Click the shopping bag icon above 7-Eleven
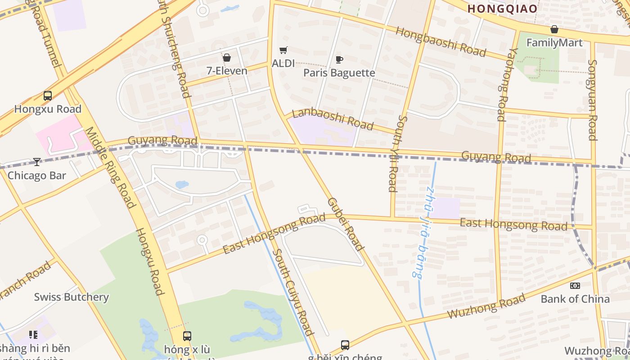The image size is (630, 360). pos(226,58)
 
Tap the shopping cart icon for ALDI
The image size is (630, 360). pos(283,50)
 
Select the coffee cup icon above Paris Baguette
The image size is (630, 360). pos(339,59)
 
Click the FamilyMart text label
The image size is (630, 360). pos(554,43)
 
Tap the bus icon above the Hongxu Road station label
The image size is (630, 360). pos(47,95)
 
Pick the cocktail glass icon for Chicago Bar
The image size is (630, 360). pos(36,162)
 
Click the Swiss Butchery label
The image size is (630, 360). pos(72,297)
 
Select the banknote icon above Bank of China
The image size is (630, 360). pos(575,286)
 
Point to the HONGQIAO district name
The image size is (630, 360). pos(502,9)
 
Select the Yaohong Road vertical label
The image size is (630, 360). pos(503,84)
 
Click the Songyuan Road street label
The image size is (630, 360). pos(593,100)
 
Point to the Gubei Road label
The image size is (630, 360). pos(345,224)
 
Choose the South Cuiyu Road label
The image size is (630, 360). pos(293,292)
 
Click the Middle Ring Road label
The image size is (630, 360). pos(110,167)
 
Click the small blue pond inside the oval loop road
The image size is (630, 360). pos(182,184)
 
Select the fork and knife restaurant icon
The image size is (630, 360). pos(33,334)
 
